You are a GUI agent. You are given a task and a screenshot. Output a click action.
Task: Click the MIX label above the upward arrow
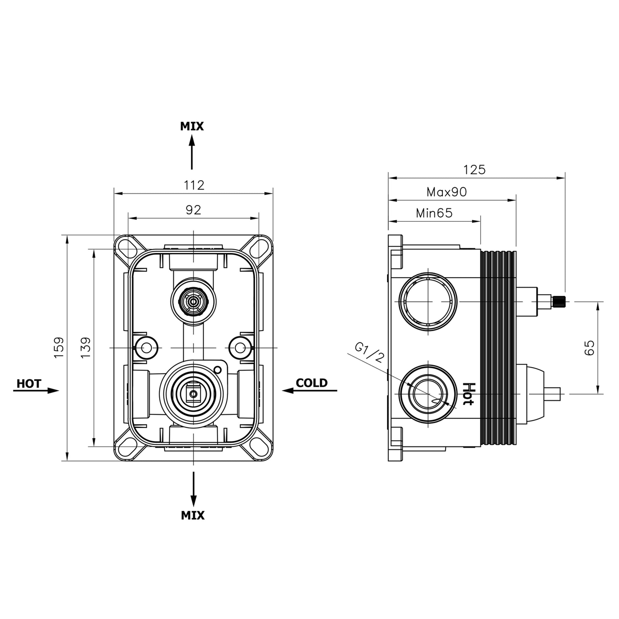point(191,126)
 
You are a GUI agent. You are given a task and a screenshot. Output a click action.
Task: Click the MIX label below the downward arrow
point(192,515)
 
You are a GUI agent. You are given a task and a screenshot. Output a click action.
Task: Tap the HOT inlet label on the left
point(29,384)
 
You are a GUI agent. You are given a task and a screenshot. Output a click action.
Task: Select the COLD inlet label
point(311,383)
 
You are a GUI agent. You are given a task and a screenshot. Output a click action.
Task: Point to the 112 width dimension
point(194,185)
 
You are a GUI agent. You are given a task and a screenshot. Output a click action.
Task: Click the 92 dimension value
point(193,210)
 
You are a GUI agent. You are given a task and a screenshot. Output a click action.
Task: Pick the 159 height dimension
point(59,347)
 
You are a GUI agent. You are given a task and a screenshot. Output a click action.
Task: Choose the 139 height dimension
point(86,347)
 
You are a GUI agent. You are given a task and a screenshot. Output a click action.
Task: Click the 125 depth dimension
point(475,170)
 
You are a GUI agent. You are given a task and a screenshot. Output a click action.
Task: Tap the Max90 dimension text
point(447,192)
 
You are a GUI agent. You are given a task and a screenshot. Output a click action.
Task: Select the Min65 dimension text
point(434,213)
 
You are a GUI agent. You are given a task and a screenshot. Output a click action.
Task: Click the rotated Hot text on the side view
point(468,394)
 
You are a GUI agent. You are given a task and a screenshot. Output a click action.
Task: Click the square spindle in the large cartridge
point(193,393)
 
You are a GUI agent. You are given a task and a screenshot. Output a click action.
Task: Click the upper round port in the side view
point(428,302)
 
